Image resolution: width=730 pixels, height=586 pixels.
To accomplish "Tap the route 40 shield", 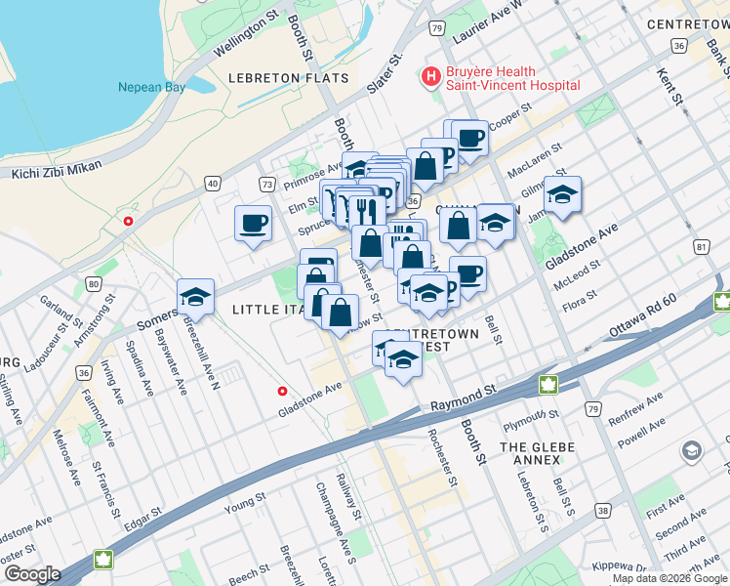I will pyautogui.click(x=213, y=183).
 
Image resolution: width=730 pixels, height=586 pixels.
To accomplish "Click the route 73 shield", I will pyautogui.click(x=266, y=183).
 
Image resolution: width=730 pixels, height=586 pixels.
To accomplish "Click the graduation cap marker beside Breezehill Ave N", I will pyautogui.click(x=195, y=298).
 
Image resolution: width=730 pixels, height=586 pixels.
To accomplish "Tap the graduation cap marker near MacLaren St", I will pyautogui.click(x=562, y=195).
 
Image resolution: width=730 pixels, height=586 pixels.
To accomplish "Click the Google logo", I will pyautogui.click(x=31, y=573).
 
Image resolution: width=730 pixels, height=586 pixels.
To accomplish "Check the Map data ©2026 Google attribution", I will pyautogui.click(x=669, y=578).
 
